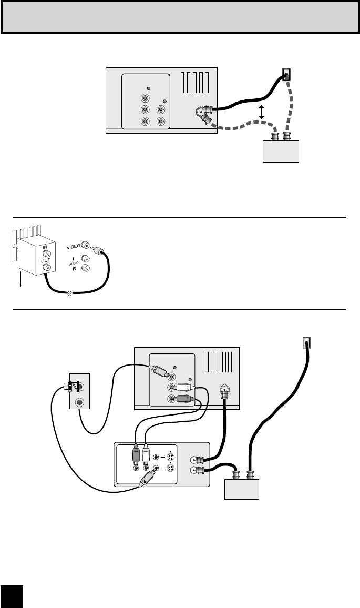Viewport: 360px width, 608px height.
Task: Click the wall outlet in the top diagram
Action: tap(286, 76)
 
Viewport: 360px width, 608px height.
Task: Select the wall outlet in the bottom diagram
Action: tap(307, 343)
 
